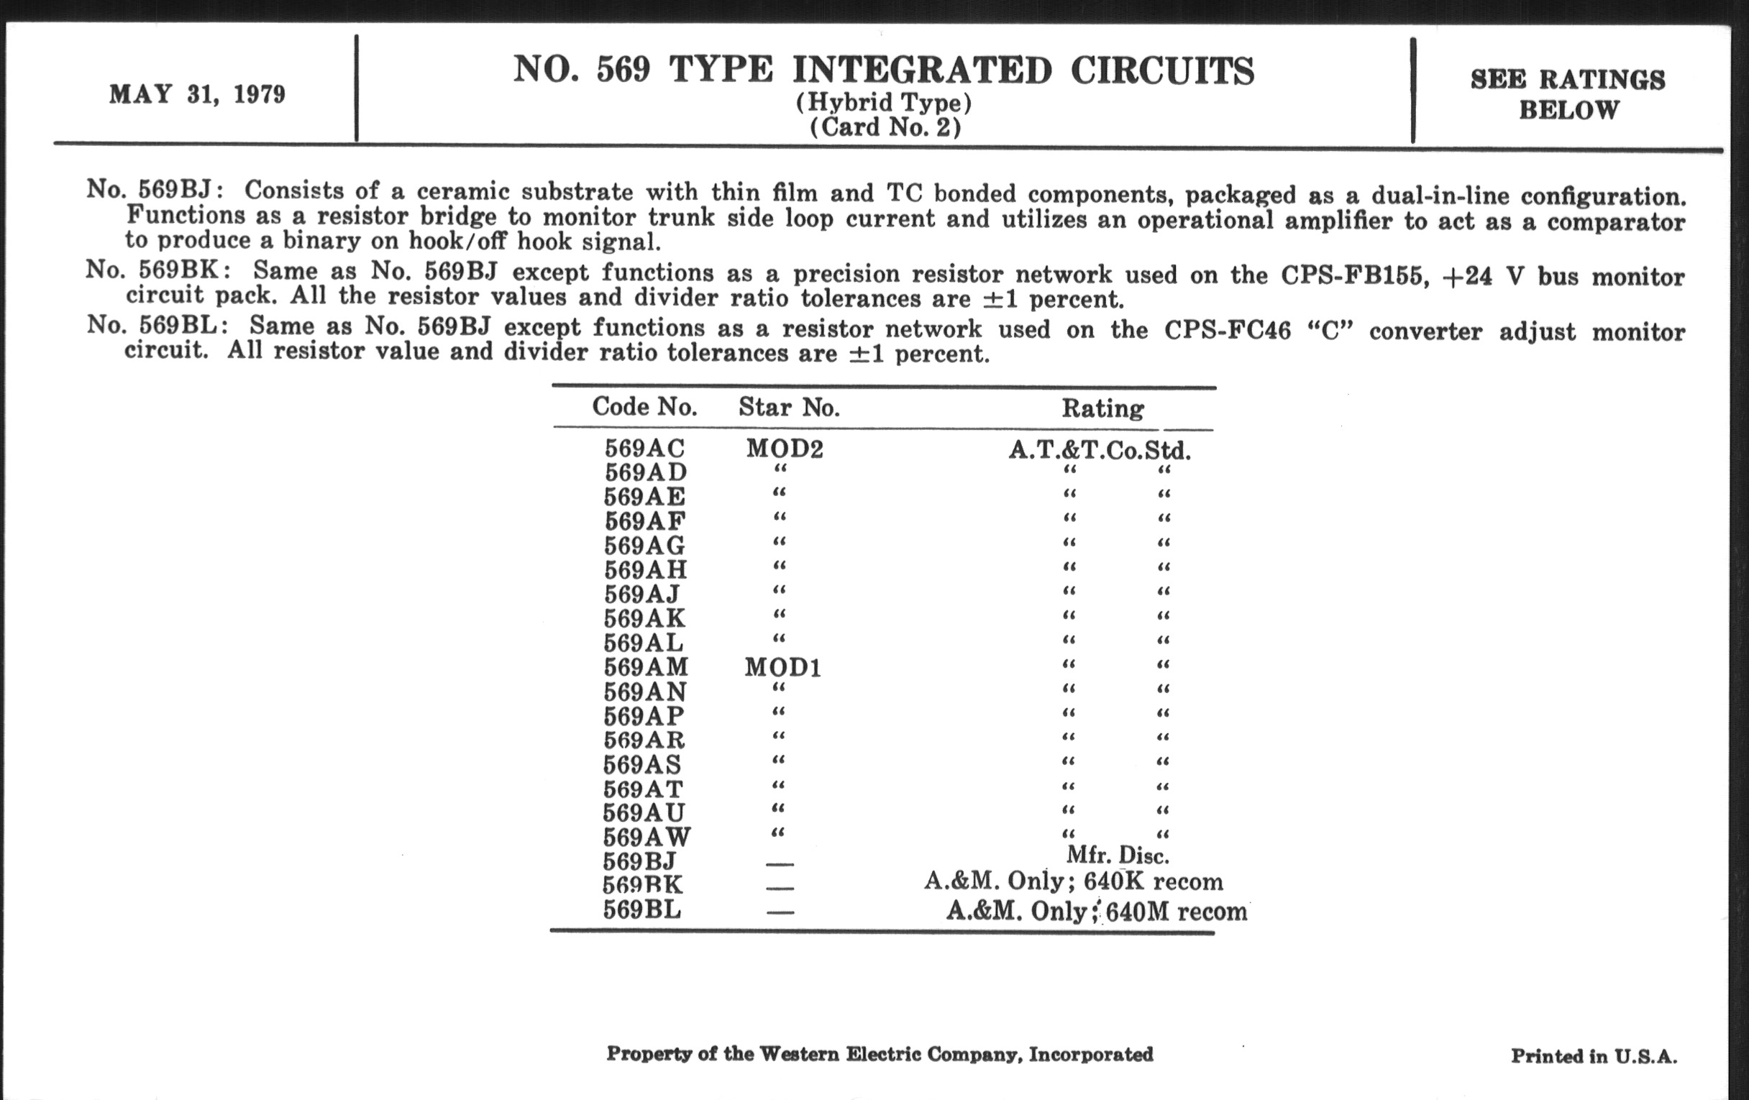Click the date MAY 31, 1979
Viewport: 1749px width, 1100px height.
tap(197, 94)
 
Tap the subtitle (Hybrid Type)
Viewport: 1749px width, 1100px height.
tap(883, 102)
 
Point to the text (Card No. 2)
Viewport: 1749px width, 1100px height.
tap(885, 127)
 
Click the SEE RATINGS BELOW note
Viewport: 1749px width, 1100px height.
tap(1568, 94)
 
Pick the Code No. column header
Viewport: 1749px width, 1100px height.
tap(644, 407)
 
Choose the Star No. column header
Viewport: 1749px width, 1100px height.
tap(789, 408)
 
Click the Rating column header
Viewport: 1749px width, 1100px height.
tap(1102, 408)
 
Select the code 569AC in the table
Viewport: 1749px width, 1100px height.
tap(644, 449)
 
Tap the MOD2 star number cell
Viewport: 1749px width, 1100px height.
tap(785, 449)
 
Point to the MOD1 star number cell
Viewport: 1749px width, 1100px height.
tap(782, 667)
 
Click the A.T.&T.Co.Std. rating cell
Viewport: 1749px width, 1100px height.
tap(1099, 451)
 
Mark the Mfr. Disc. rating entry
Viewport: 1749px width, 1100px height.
tap(1117, 856)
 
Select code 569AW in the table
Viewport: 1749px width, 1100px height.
tap(647, 837)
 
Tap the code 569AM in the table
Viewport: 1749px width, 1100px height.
tap(646, 667)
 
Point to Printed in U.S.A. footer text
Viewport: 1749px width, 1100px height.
tap(1594, 1055)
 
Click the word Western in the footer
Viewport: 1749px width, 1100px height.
tap(798, 1053)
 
